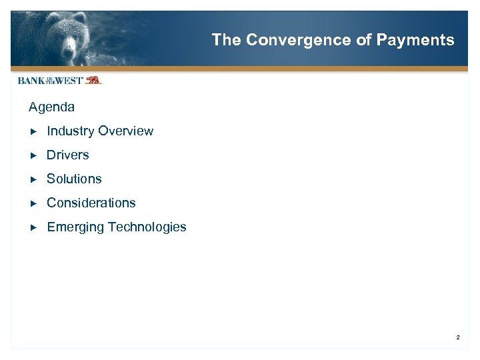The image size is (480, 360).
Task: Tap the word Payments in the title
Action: point(415,40)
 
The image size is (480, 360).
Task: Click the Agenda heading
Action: point(51,107)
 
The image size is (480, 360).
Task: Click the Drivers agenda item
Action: point(67,155)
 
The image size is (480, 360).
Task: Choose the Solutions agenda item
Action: point(74,179)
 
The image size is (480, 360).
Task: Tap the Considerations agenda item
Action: point(91,203)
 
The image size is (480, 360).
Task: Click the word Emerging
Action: point(75,227)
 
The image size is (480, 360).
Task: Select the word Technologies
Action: point(147,227)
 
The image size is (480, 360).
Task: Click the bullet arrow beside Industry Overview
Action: point(34,131)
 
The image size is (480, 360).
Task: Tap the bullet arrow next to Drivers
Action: point(34,155)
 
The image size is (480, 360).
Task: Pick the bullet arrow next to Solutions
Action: point(34,179)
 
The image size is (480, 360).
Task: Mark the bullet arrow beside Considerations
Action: point(34,203)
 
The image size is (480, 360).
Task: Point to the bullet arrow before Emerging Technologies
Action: point(34,227)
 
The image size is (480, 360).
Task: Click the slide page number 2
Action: point(458,338)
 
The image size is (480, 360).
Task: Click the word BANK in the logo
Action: point(31,81)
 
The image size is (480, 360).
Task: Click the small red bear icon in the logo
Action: point(93,80)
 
